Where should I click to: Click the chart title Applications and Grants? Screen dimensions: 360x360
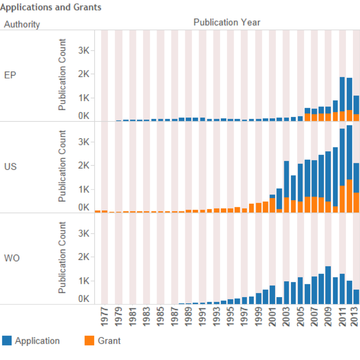[x=51, y=7]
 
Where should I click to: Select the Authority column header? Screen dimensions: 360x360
[x=22, y=25]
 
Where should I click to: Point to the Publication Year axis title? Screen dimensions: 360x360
[x=227, y=22]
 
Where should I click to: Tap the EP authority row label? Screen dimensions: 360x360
[x=10, y=75]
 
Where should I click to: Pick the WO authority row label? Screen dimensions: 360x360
[x=11, y=258]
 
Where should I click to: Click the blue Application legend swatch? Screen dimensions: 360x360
[x=7, y=341]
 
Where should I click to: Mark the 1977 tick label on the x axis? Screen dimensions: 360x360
[x=105, y=316]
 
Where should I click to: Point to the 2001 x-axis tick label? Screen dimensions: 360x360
[x=273, y=316]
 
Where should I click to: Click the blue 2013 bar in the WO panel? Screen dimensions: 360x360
[x=356, y=297]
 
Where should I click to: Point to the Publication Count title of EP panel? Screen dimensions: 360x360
[x=62, y=75]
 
